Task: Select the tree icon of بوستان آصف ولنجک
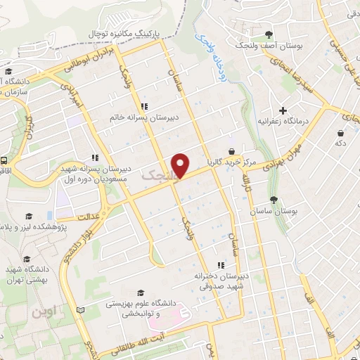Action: coord(269,34)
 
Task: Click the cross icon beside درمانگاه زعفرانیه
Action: coord(283,110)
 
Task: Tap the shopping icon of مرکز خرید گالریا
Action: coord(231,150)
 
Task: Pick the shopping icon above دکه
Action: coord(340,133)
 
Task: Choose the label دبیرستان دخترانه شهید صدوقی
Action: coord(220,281)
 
